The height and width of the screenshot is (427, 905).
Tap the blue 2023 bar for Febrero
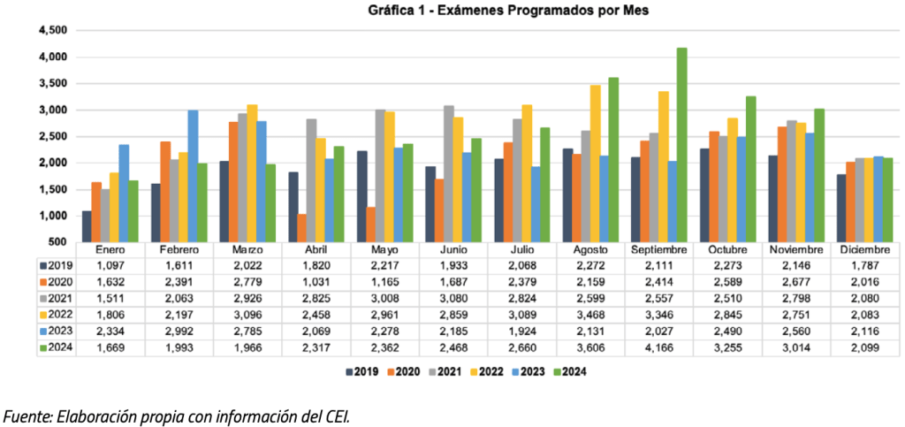click(x=193, y=176)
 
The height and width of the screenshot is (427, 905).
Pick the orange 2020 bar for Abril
click(x=302, y=227)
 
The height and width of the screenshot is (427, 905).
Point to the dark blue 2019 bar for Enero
click(x=87, y=225)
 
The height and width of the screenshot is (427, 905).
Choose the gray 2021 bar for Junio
click(x=448, y=173)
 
